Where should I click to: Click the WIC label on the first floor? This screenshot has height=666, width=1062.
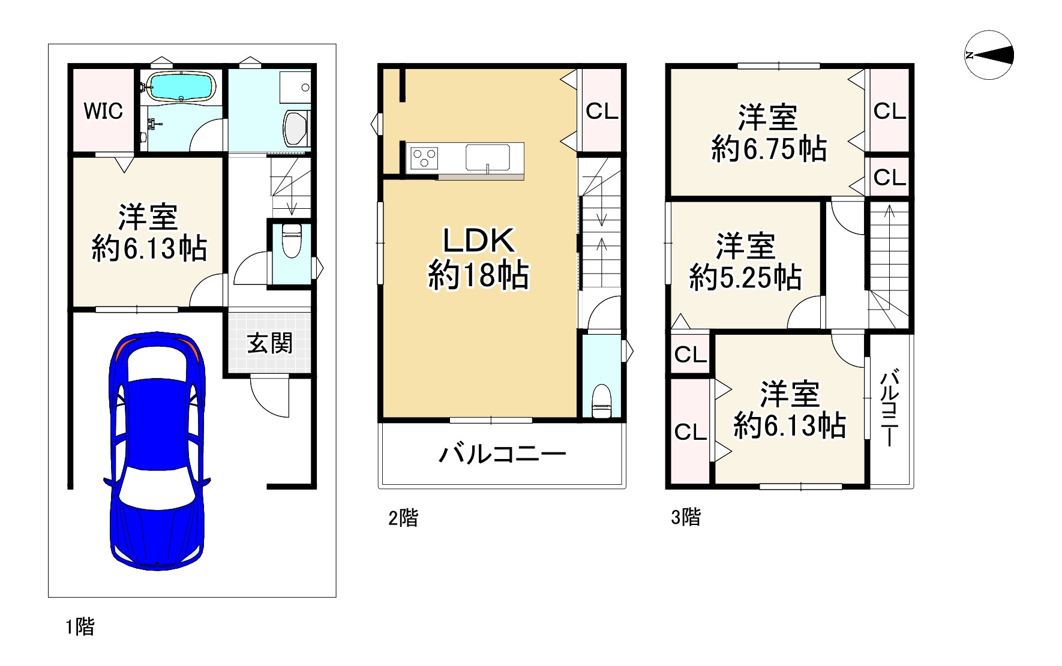[x=103, y=111]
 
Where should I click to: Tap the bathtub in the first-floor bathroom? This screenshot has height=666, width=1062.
[x=181, y=87]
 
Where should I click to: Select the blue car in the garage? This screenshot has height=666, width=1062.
[x=157, y=450]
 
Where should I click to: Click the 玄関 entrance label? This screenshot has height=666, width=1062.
[x=270, y=344]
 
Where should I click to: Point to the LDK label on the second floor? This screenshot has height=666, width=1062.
[x=478, y=241]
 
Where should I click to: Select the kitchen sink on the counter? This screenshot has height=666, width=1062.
[x=487, y=158]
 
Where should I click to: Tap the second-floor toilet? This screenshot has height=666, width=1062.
[x=601, y=401]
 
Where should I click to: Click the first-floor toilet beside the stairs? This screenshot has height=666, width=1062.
[x=291, y=240]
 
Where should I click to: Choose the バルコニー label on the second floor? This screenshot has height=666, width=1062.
[x=502, y=455]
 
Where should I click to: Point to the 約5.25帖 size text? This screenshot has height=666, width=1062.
[x=745, y=278]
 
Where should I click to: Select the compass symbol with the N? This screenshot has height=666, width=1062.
[x=989, y=55]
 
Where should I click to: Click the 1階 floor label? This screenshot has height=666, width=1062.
[x=80, y=628]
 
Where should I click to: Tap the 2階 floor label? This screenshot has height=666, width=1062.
[x=403, y=517]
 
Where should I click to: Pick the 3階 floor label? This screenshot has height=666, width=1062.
[x=686, y=517]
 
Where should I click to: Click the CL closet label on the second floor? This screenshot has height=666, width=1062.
[x=602, y=112]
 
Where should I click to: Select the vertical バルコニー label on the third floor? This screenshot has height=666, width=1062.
[x=890, y=409]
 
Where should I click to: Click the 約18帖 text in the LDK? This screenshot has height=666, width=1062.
[x=478, y=277]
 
